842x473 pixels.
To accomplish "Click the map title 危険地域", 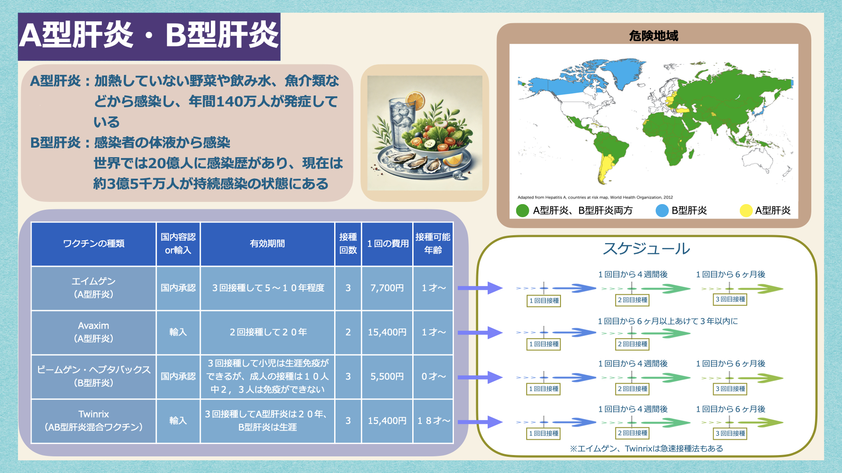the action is [653, 35].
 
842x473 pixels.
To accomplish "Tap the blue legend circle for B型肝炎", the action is [662, 211].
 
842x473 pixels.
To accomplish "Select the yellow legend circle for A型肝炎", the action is [746, 211].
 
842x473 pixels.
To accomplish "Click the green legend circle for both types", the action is [523, 211].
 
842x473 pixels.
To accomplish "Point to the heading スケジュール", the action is [646, 248].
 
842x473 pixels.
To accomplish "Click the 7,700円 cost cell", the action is [387, 288].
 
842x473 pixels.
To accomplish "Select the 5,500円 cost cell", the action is [387, 377].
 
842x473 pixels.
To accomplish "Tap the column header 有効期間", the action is [267, 244].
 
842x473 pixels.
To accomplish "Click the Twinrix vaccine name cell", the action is [94, 421].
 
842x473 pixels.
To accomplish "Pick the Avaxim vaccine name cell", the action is [94, 332].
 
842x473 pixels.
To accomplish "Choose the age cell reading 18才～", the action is [433, 421].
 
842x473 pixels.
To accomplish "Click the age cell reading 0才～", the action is [433, 377].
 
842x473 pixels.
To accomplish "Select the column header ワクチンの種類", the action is [94, 244].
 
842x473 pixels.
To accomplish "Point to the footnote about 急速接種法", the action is [646, 448].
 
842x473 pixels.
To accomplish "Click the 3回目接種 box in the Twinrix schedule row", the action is [730, 434].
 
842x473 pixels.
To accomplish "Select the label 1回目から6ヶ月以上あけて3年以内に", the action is [667, 321].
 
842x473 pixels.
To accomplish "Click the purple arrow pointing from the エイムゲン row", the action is [480, 288].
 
